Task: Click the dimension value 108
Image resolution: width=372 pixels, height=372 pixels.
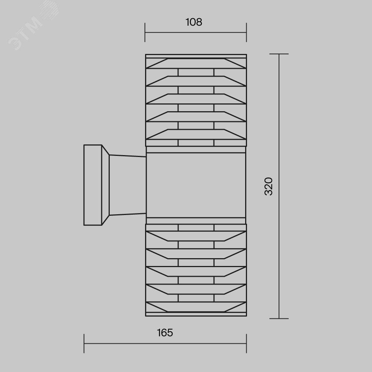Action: tap(194, 22)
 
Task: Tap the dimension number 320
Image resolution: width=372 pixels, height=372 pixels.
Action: tap(269, 186)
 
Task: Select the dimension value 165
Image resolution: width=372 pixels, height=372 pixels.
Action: tap(165, 333)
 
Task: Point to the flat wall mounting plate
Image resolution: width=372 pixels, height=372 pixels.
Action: tap(93, 185)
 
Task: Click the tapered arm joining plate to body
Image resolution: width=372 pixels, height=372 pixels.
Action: tap(127, 185)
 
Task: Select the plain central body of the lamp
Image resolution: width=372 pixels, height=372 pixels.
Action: tap(196, 185)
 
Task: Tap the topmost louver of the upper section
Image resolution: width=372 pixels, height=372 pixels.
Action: tap(196, 63)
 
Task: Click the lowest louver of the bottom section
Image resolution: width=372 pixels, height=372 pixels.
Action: tap(196, 307)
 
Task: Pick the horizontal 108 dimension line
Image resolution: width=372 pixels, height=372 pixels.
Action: tap(196, 32)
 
